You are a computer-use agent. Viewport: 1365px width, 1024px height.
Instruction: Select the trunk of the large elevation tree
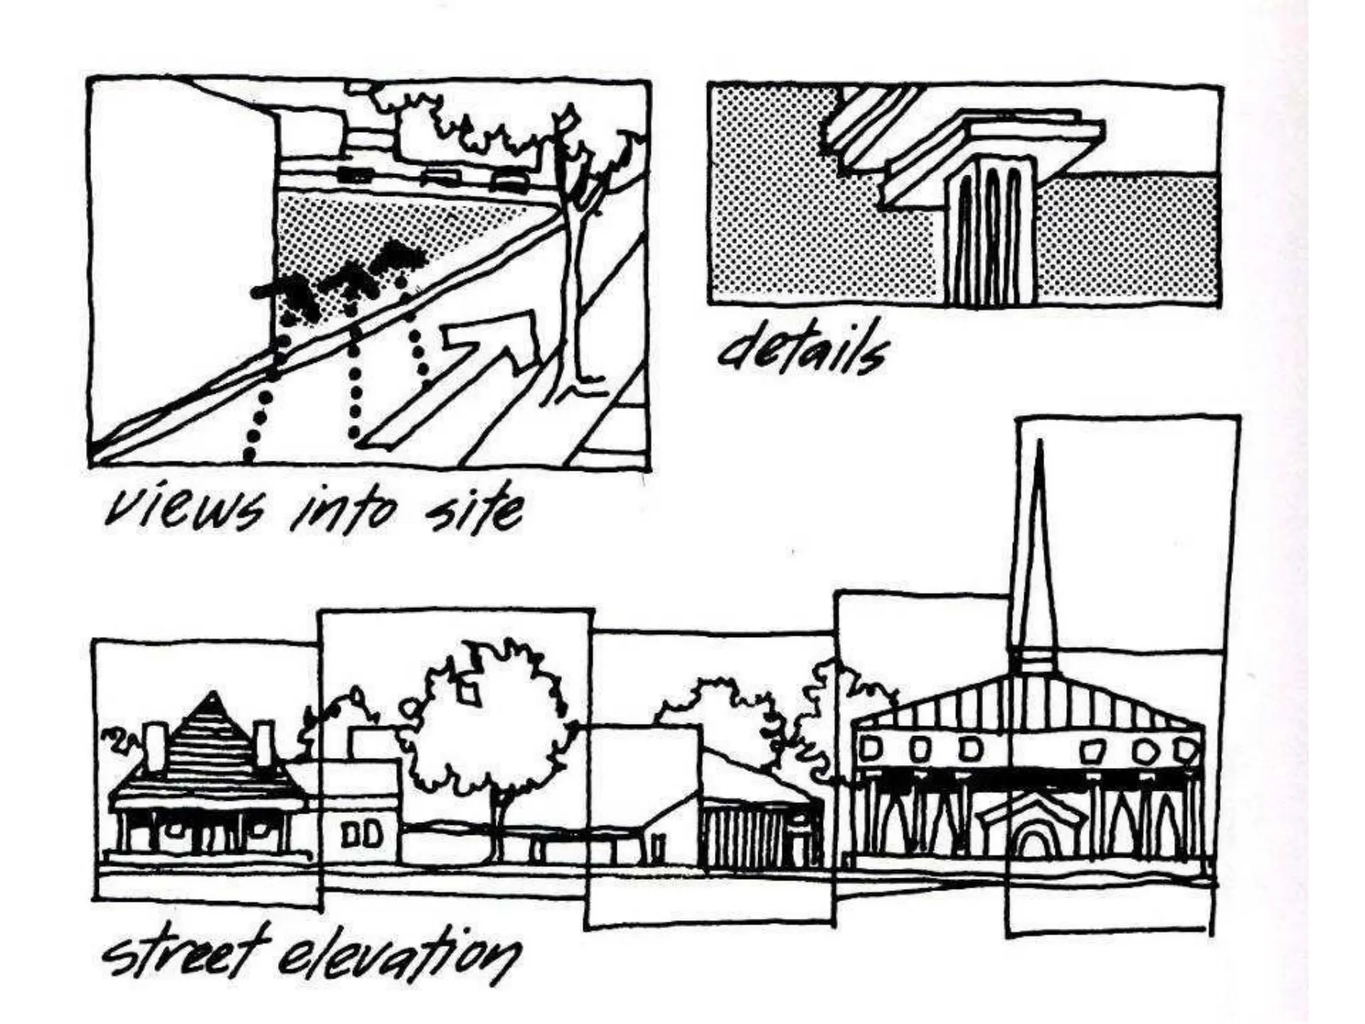(x=496, y=827)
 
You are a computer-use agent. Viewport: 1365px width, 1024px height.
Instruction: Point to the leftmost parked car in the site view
(x=355, y=175)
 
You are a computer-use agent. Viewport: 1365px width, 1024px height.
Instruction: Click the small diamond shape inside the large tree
(x=471, y=697)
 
